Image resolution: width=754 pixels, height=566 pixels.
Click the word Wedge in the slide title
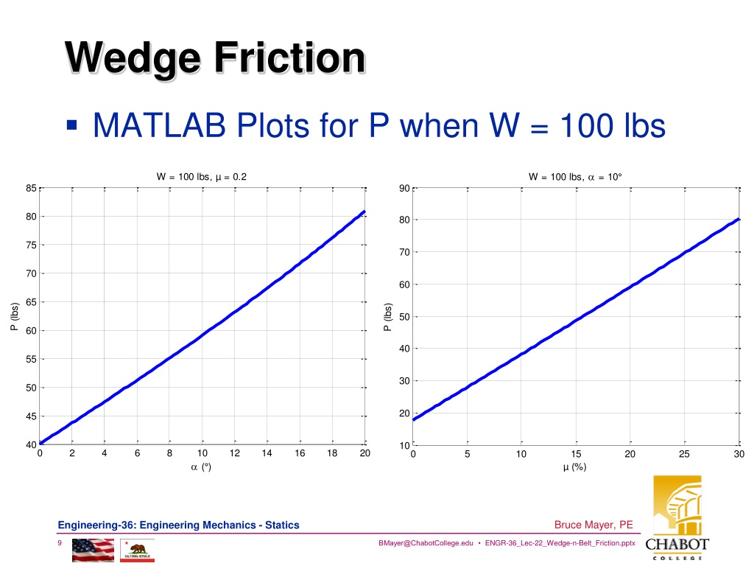pyautogui.click(x=133, y=59)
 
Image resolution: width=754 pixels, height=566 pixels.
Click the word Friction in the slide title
pyautogui.click(x=290, y=57)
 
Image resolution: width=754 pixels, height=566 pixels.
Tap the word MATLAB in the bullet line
pyautogui.click(x=159, y=125)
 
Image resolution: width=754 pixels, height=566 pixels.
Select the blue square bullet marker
pyautogui.click(x=71, y=125)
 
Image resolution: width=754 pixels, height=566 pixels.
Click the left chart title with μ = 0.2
pyautogui.click(x=202, y=177)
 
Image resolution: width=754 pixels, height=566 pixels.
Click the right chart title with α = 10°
pyautogui.click(x=575, y=177)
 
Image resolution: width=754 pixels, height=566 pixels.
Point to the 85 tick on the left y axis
pyautogui.click(x=31, y=188)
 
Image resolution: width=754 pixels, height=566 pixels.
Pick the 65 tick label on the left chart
pyautogui.click(x=31, y=302)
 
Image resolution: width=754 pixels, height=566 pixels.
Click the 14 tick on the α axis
pyautogui.click(x=267, y=453)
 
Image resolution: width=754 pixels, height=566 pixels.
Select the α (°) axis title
pyautogui.click(x=201, y=467)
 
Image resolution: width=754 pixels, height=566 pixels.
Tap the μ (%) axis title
pyautogui.click(x=574, y=467)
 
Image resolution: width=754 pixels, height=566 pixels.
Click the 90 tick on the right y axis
pyautogui.click(x=404, y=188)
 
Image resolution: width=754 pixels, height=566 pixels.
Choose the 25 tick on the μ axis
pyautogui.click(x=684, y=454)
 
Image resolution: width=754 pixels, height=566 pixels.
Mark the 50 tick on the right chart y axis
pyautogui.click(x=404, y=317)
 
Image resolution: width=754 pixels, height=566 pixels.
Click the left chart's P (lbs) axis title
pyautogui.click(x=15, y=316)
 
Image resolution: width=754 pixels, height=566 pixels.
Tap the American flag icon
pyautogui.click(x=94, y=550)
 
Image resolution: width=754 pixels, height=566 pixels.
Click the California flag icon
pyautogui.click(x=137, y=550)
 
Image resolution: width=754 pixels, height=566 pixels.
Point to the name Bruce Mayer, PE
pyautogui.click(x=593, y=525)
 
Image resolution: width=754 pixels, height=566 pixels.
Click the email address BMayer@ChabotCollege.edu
pyautogui.click(x=426, y=543)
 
